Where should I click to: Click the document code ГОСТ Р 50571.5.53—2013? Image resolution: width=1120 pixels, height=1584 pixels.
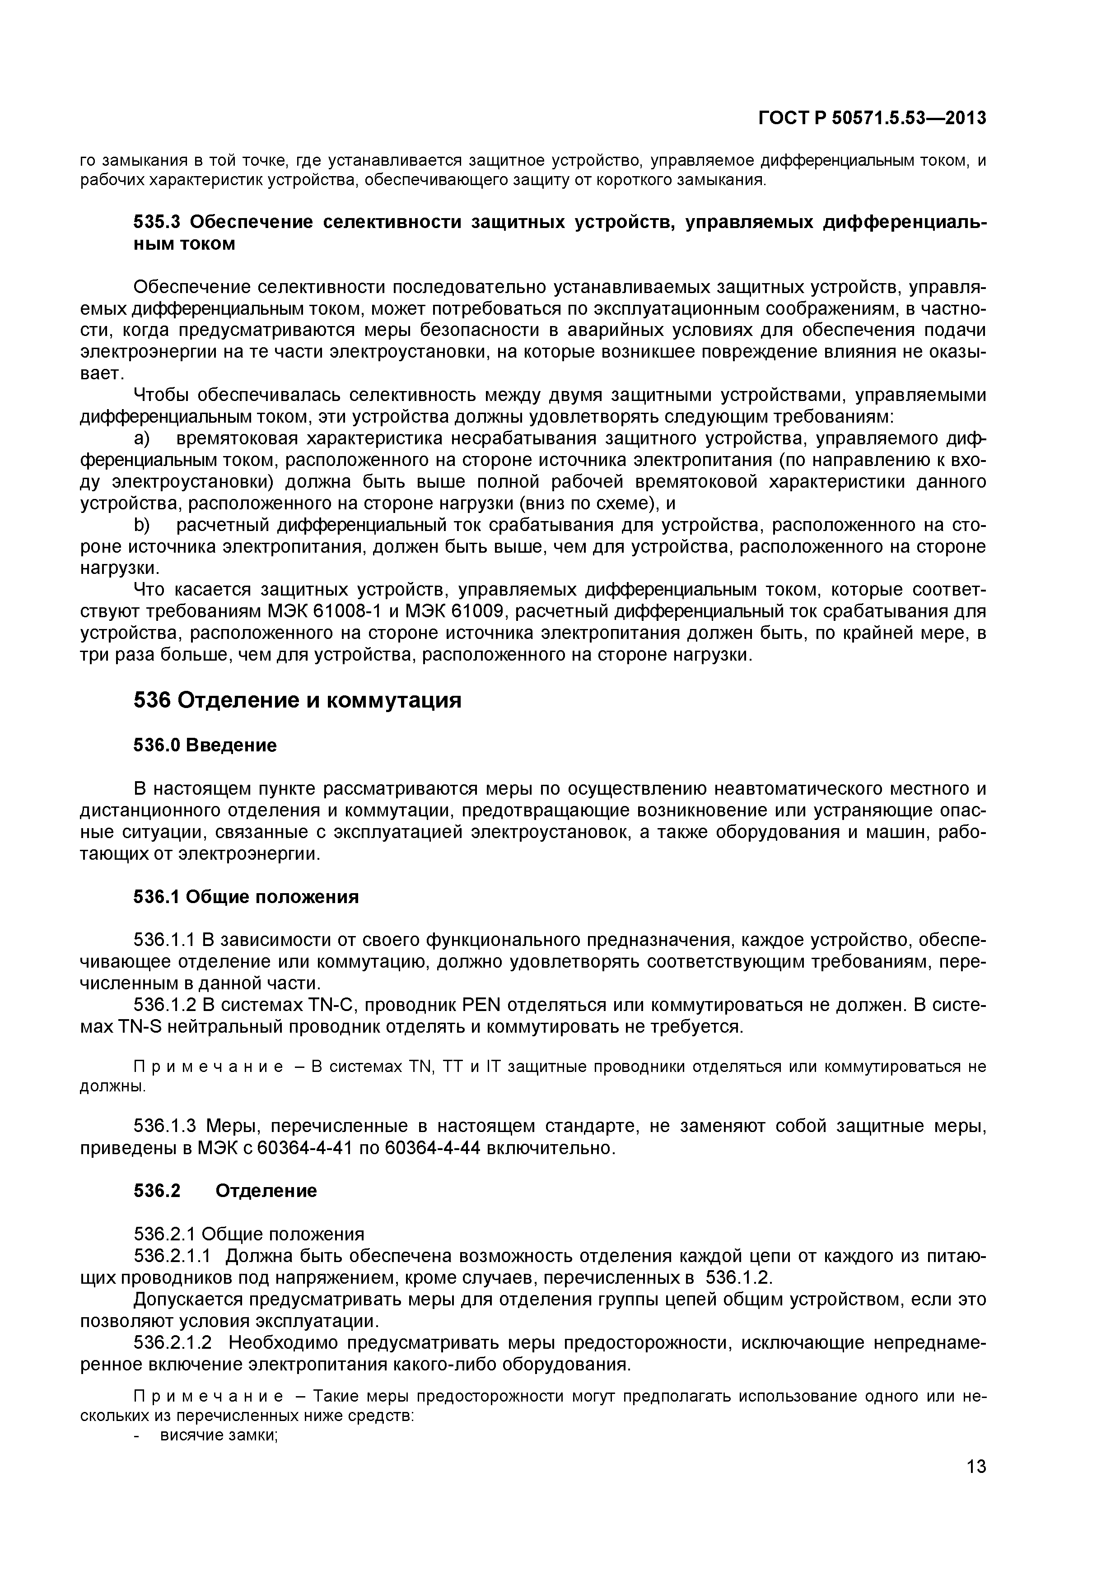click(872, 119)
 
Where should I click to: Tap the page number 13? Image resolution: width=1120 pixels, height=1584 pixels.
click(976, 1486)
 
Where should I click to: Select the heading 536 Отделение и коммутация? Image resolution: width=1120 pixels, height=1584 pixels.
click(297, 701)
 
